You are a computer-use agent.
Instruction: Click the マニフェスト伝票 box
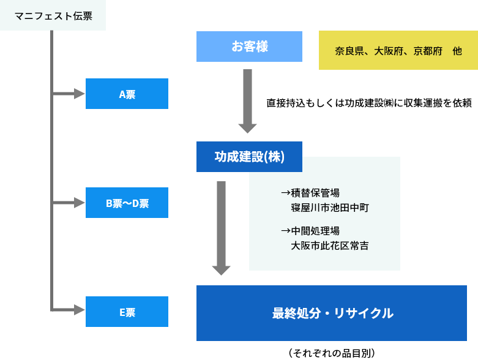(53, 15)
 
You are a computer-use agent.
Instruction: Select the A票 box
(127, 94)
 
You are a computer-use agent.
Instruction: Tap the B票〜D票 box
(127, 203)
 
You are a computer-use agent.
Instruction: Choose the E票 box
(127, 312)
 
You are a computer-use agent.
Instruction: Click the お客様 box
(249, 47)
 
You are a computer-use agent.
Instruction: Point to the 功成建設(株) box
(249, 157)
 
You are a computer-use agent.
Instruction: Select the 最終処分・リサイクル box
(331, 313)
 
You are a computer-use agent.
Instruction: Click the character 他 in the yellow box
(457, 51)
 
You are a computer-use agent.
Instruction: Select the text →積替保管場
(310, 193)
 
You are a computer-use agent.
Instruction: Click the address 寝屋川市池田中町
(330, 208)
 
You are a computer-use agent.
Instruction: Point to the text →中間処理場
(310, 231)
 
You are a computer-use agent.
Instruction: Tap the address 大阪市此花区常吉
(330, 246)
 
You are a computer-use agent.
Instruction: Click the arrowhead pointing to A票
(79, 94)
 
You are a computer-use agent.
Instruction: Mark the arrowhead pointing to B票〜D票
(79, 203)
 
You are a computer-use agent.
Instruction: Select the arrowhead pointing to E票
(79, 310)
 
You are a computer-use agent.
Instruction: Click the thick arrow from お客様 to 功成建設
(247, 101)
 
